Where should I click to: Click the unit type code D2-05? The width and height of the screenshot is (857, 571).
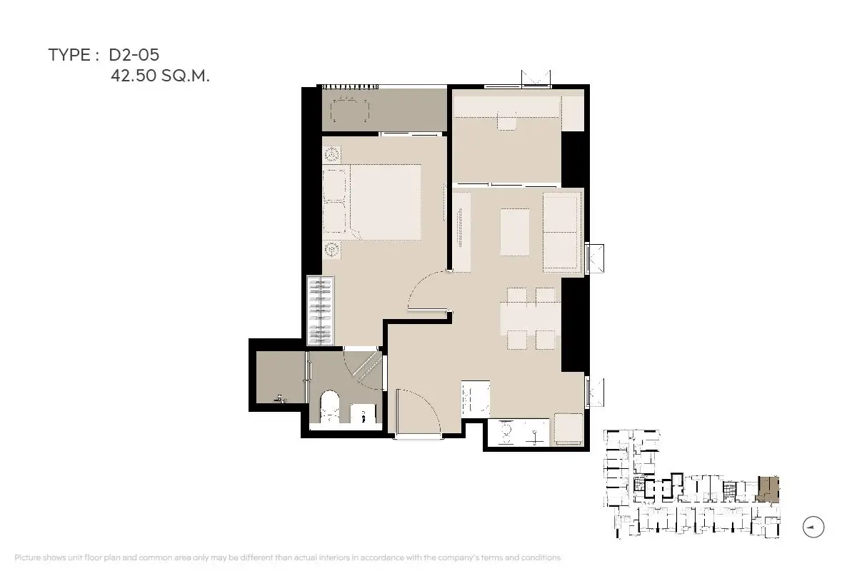[x=134, y=55]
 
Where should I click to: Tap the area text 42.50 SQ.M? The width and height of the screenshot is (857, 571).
[x=160, y=76]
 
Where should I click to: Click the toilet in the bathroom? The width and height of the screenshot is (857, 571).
[x=329, y=406]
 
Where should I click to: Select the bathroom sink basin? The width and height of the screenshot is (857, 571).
[x=363, y=413]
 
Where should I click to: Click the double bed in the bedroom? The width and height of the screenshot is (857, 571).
[x=372, y=202]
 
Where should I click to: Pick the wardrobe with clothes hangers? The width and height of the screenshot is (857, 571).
[x=321, y=310]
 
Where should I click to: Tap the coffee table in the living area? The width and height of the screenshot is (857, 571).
[x=515, y=232]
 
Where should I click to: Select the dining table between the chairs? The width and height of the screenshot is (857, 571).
[x=530, y=318]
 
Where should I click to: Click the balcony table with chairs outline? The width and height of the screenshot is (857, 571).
[x=350, y=111]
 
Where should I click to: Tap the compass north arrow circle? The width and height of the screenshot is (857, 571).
[x=813, y=527]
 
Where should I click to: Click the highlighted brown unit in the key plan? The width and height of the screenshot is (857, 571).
[x=768, y=489]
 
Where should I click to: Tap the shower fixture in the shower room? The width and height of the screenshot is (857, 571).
[x=281, y=399]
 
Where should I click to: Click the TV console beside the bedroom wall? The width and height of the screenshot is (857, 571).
[x=461, y=232]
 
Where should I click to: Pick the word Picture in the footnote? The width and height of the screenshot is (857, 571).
[x=27, y=557]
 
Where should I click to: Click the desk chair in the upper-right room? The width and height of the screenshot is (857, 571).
[x=507, y=122]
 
